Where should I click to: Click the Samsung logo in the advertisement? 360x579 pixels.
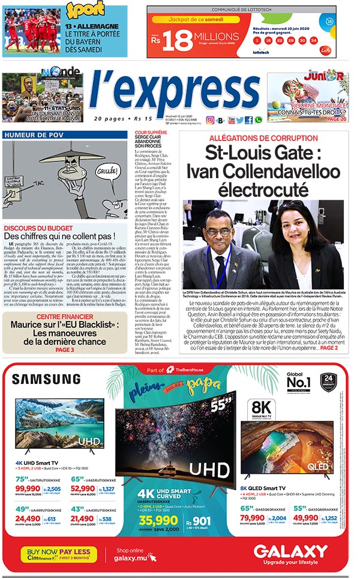pyautogui.click(x=46, y=379)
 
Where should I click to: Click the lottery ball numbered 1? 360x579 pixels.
pyautogui.click(x=257, y=40)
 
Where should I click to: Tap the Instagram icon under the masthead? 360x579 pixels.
pyautogui.click(x=210, y=120)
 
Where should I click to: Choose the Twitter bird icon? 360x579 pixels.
pyautogui.click(x=239, y=120)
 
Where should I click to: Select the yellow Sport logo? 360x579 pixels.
pyautogui.click(x=85, y=11)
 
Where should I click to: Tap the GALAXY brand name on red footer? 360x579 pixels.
pyautogui.click(x=290, y=551)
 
